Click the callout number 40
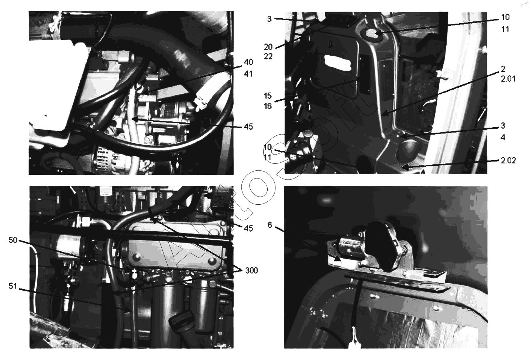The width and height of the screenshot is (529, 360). tap(248, 62)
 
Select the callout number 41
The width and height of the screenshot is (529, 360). tap(248, 74)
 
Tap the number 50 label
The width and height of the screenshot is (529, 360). tap(13, 240)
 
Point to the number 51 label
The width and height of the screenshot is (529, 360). tap(13, 286)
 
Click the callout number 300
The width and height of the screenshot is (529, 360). tap(251, 271)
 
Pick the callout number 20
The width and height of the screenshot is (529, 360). tap(268, 47)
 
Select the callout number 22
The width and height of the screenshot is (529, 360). tap(268, 56)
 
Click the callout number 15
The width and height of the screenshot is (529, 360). tap(268, 96)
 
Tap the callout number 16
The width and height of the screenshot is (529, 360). tap(268, 106)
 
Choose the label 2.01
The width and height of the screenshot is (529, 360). tap(508, 79)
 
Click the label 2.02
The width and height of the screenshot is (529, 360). tap(508, 161)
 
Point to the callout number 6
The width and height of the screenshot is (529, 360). tap(270, 225)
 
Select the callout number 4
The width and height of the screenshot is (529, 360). tap(503, 137)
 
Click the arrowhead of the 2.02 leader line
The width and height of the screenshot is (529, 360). tap(404, 167)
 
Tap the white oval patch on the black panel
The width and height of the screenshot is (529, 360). tap(337, 63)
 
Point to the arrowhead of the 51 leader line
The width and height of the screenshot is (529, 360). tap(127, 309)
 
